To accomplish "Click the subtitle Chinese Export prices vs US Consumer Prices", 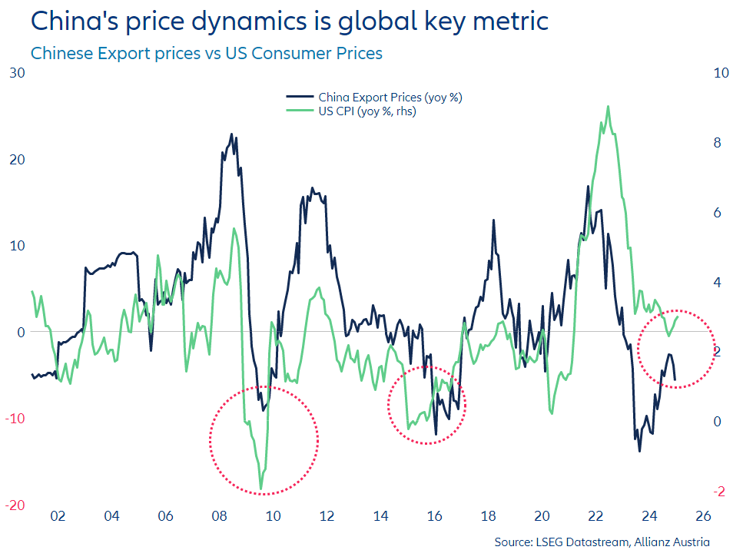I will tap(206, 54).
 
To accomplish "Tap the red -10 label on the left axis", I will tap(15, 419).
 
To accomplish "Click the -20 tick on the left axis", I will tap(15, 505).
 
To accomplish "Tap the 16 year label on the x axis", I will tap(434, 515).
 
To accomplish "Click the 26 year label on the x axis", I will tap(703, 515).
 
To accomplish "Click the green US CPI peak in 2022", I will tap(609, 107).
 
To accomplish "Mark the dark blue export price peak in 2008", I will tap(231, 134).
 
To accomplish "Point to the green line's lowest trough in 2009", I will tap(261, 489).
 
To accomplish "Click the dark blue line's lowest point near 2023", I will tap(639, 450).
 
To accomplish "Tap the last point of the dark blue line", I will tap(675, 379).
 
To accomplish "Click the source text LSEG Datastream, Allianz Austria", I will tap(602, 542).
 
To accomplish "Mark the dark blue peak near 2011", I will tap(312, 187).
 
